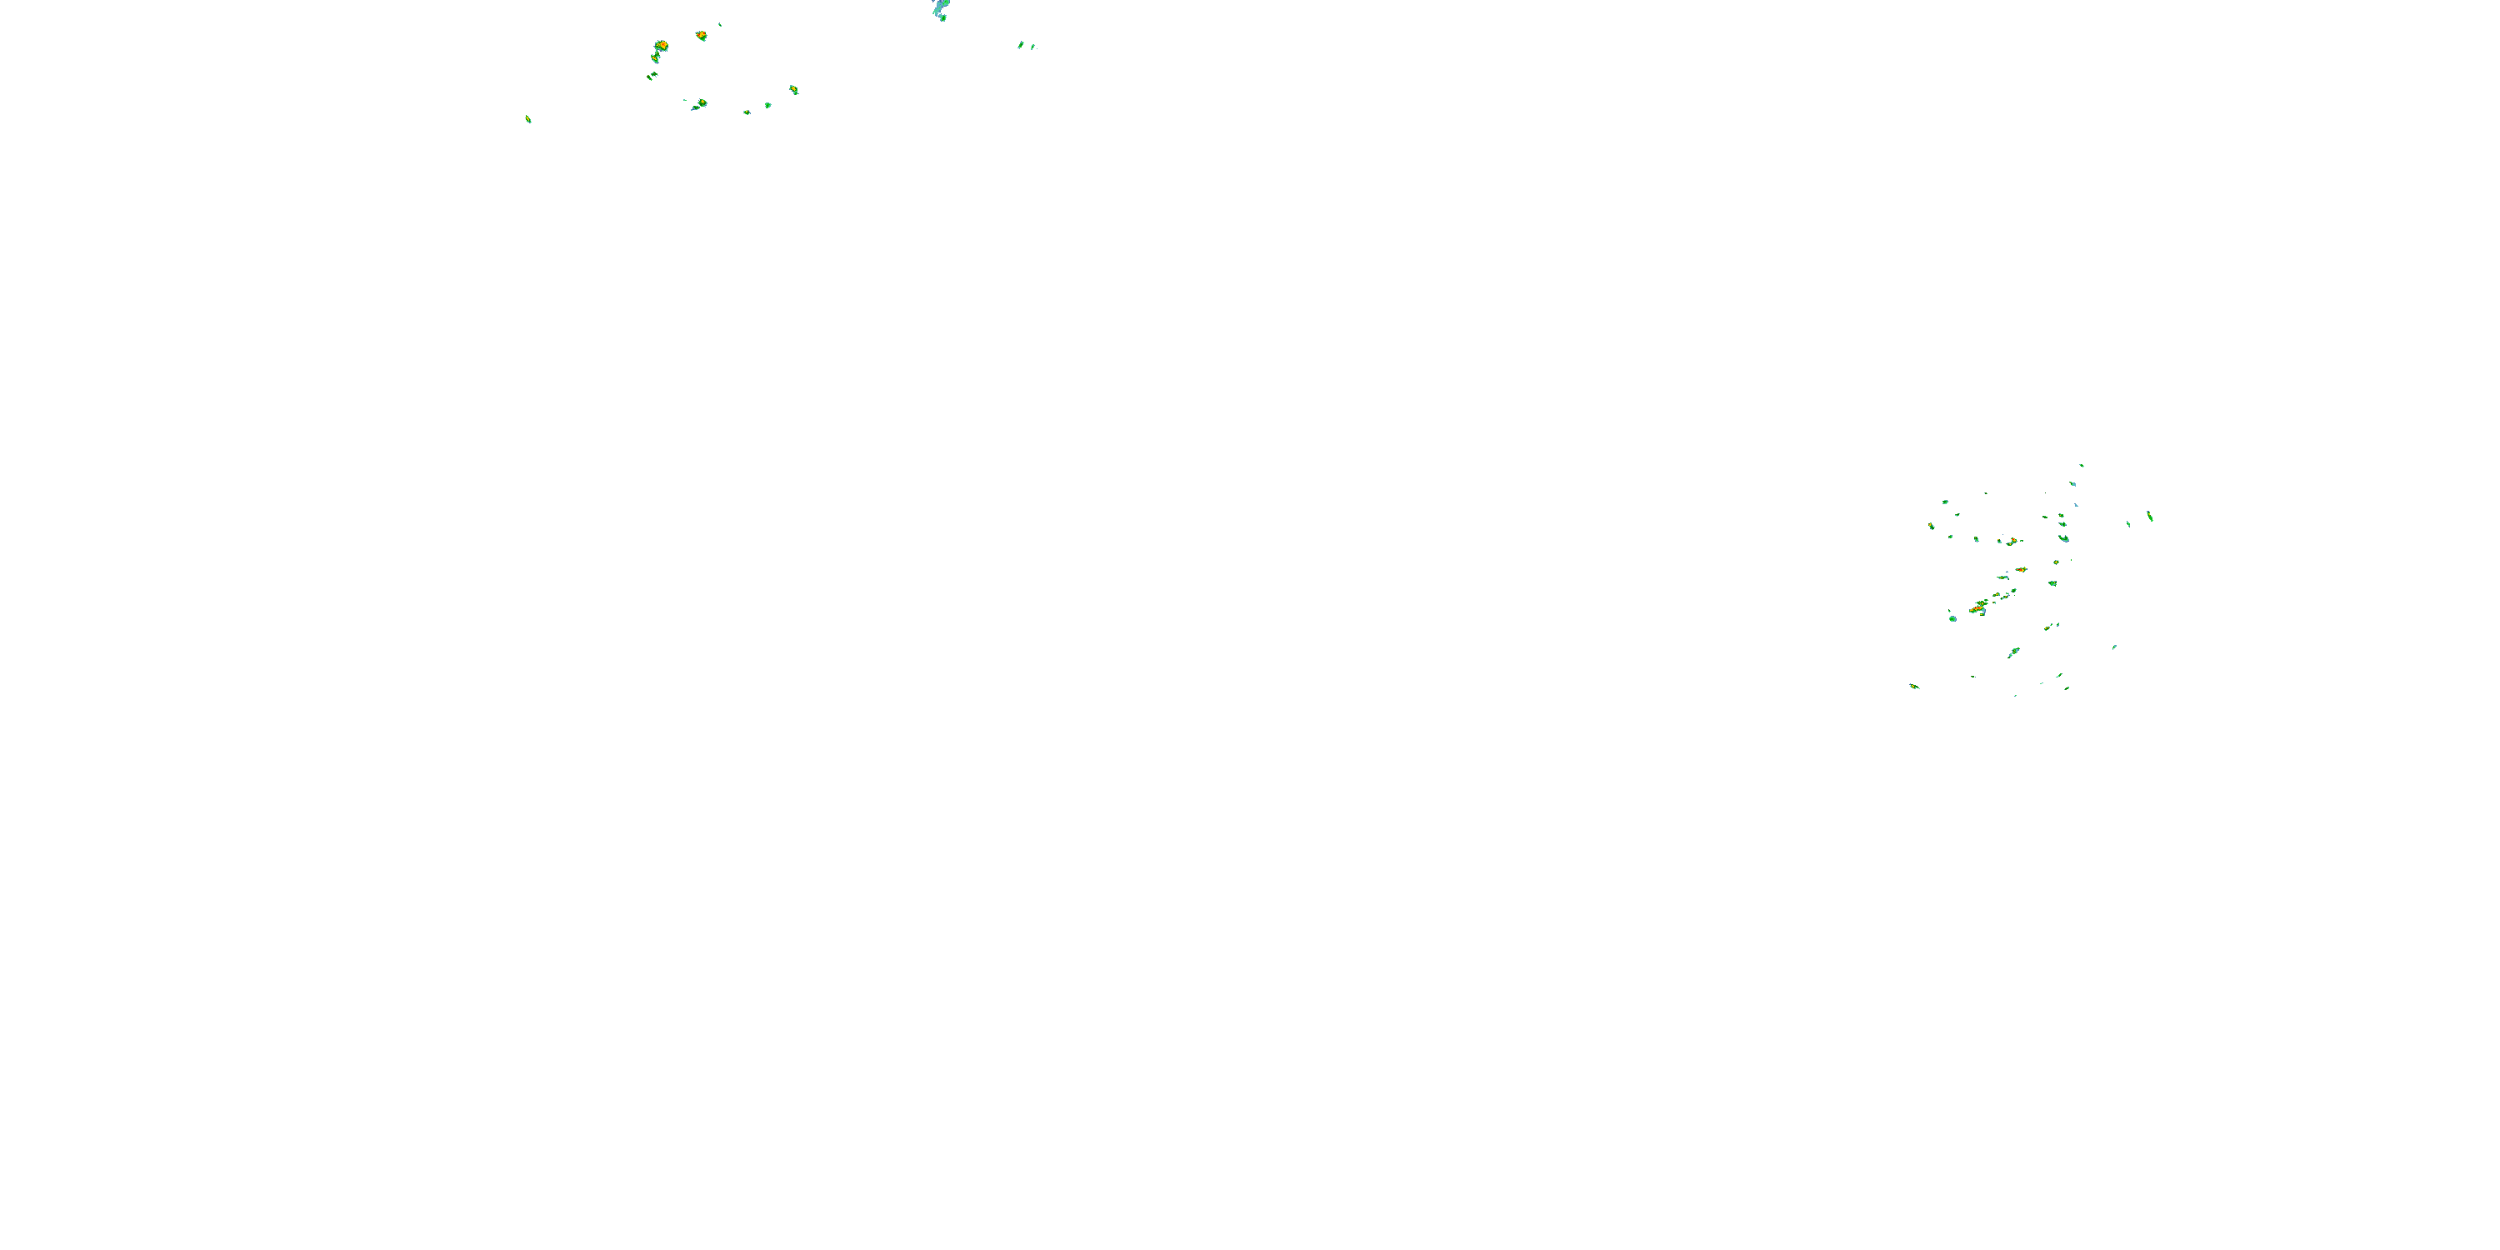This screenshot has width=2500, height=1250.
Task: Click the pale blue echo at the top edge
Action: point(939,7)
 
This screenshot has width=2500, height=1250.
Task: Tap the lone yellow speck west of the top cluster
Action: point(528,119)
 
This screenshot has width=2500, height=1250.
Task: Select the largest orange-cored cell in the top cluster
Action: point(661,46)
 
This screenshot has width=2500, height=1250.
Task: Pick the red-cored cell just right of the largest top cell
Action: point(701,36)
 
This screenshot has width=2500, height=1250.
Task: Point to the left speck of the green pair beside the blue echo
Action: point(1020,45)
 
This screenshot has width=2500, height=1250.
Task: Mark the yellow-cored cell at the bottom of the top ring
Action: point(702,102)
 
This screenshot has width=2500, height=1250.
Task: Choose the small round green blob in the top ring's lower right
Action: point(767,105)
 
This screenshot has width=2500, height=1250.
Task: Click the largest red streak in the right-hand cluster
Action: point(1979,607)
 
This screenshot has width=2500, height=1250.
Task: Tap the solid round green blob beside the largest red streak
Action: point(1952,618)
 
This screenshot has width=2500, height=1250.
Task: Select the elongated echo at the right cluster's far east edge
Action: point(2150,515)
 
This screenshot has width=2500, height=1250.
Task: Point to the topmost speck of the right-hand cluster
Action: point(2081,466)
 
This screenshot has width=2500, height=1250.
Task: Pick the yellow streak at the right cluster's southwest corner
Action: point(1914,686)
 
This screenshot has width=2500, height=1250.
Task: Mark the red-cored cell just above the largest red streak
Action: point(2021,570)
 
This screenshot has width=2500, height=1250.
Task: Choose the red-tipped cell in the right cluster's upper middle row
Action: point(2012,541)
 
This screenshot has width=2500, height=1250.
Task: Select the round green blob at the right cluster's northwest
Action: point(1945,502)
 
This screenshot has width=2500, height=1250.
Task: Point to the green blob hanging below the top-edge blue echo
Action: point(942,17)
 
